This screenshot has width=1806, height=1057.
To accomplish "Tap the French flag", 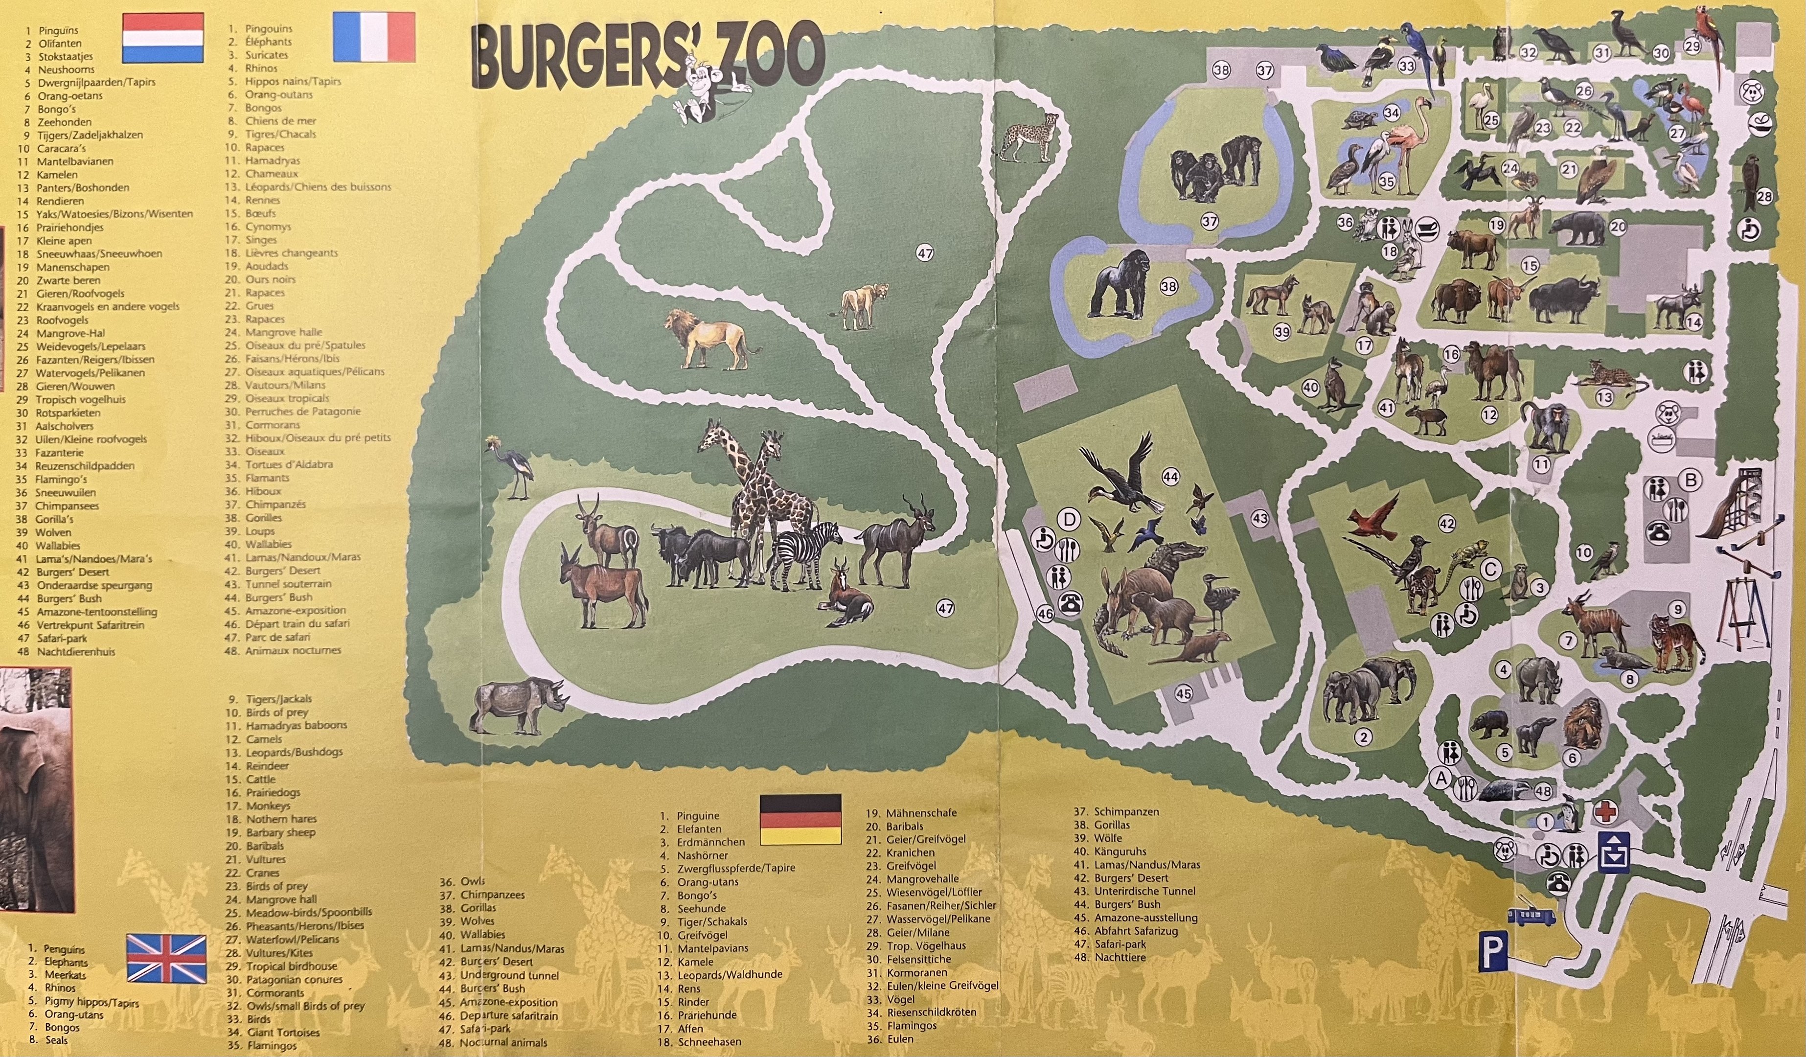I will pos(374,37).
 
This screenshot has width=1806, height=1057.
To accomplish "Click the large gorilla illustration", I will pos(1119,284).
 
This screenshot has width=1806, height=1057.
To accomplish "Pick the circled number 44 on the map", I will pos(1170,477).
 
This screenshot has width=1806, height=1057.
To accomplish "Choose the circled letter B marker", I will pos(1692,480).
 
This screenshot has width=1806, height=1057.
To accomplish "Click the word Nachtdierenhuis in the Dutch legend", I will pos(75,651).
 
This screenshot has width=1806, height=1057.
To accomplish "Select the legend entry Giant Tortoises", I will pos(283,1033).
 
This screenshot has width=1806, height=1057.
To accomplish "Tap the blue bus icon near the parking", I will pos(1532,917).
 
